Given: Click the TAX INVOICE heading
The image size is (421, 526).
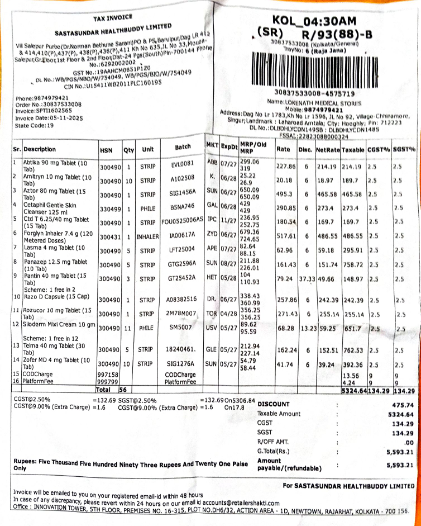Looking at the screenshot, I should pyautogui.click(x=115, y=18).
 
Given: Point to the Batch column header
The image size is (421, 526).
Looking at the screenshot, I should pyautogui.click(x=183, y=149).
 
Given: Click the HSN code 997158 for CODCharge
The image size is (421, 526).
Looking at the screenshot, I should pyautogui.click(x=109, y=374).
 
